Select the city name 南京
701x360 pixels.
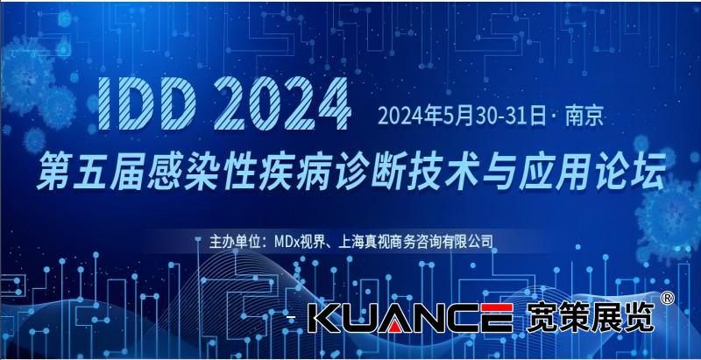pyautogui.click(x=585, y=116)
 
